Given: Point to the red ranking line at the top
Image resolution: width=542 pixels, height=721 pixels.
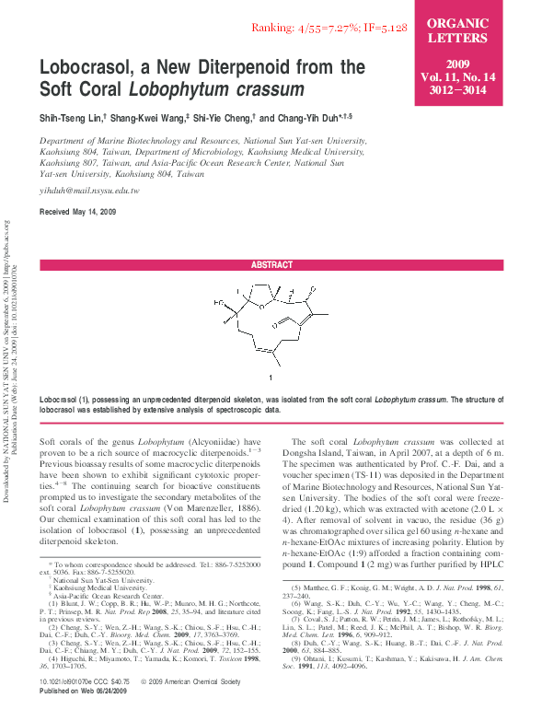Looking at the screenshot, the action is (x=329, y=29).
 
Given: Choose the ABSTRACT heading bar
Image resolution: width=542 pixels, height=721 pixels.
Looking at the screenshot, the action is (x=271, y=264).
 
